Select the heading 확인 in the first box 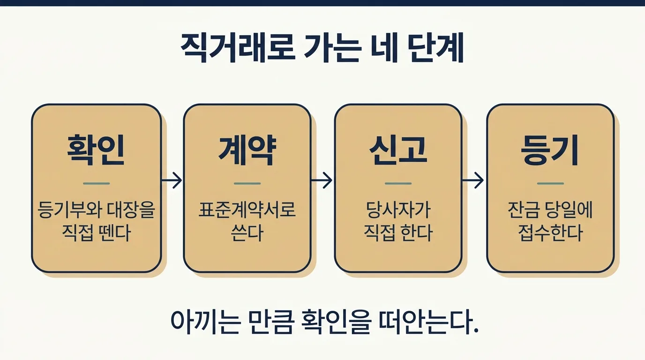coord(96,150)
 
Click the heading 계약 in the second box coord(247,150)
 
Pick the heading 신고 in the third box coord(398,150)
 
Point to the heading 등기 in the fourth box coord(550,150)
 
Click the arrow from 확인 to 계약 coord(172,180)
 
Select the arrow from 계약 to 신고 coord(322,180)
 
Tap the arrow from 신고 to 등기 coord(473,180)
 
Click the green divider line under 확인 coord(96,183)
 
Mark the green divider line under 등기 coord(550,183)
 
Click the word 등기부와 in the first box coord(70,210)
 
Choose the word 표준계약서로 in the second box coord(247,210)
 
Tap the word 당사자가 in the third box coord(398,210)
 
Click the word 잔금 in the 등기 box coord(523,210)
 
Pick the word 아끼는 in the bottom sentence coord(205,322)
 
